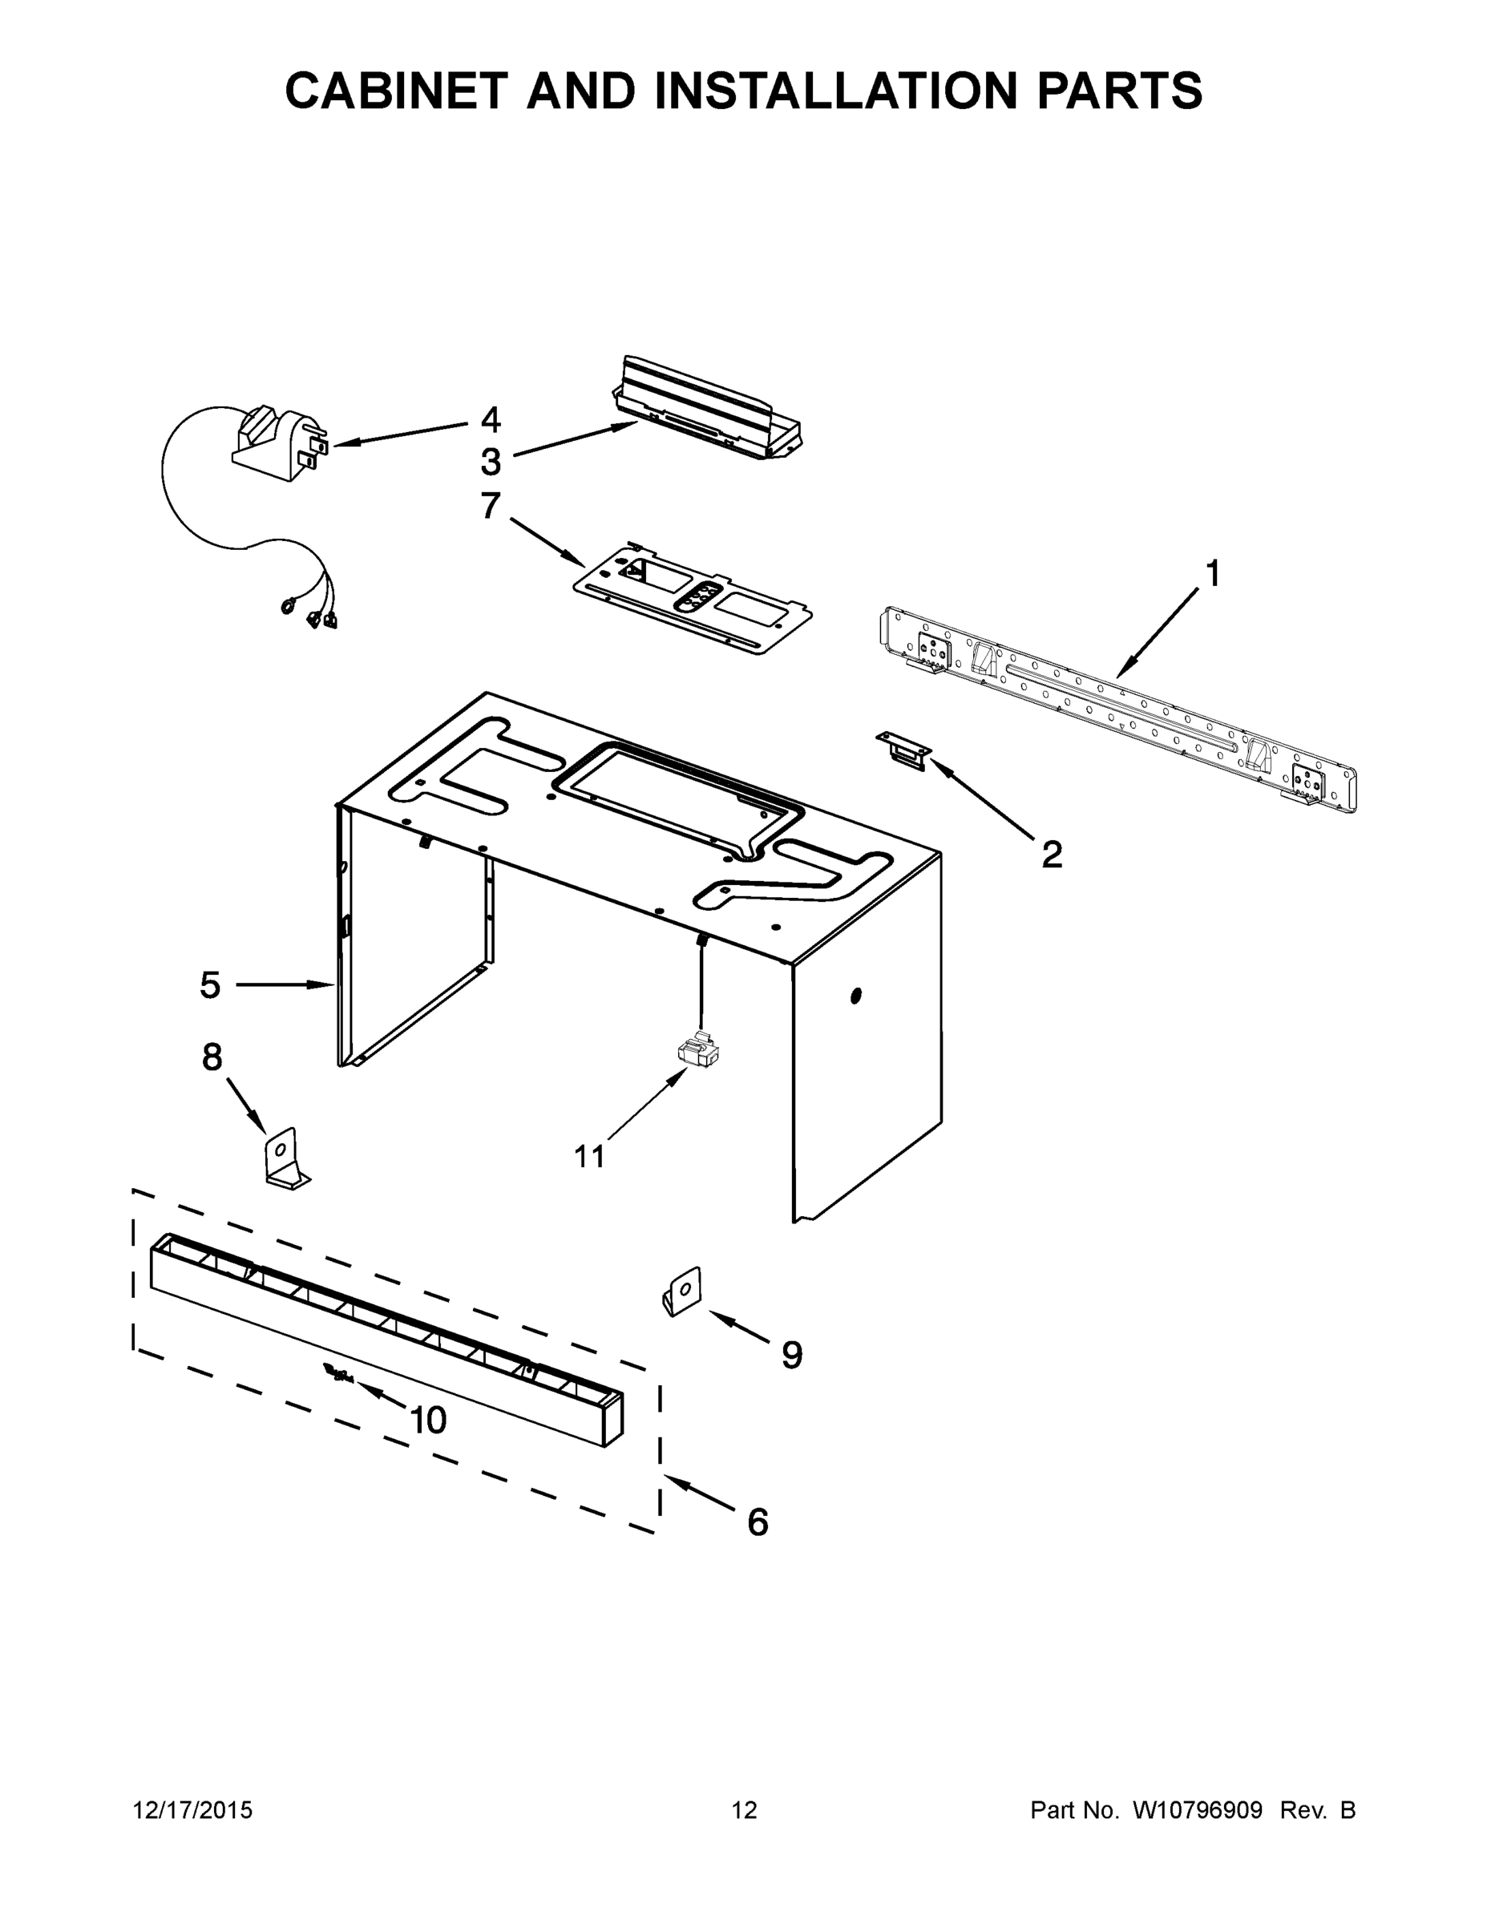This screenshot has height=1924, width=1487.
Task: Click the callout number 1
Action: pos(1213,574)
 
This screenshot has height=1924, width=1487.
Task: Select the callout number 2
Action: pos(1052,854)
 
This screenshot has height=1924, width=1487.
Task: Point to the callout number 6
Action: pos(758,1522)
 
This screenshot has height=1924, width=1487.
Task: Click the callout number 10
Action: pos(429,1419)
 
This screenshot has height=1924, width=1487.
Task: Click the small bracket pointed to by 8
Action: pos(285,1158)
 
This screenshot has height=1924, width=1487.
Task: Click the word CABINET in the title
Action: pos(397,91)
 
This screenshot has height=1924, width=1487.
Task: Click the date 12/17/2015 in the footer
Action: pos(192,1810)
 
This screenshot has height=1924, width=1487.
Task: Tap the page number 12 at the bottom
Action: pos(744,1810)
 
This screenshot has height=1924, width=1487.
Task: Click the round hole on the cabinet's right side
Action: pos(855,996)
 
